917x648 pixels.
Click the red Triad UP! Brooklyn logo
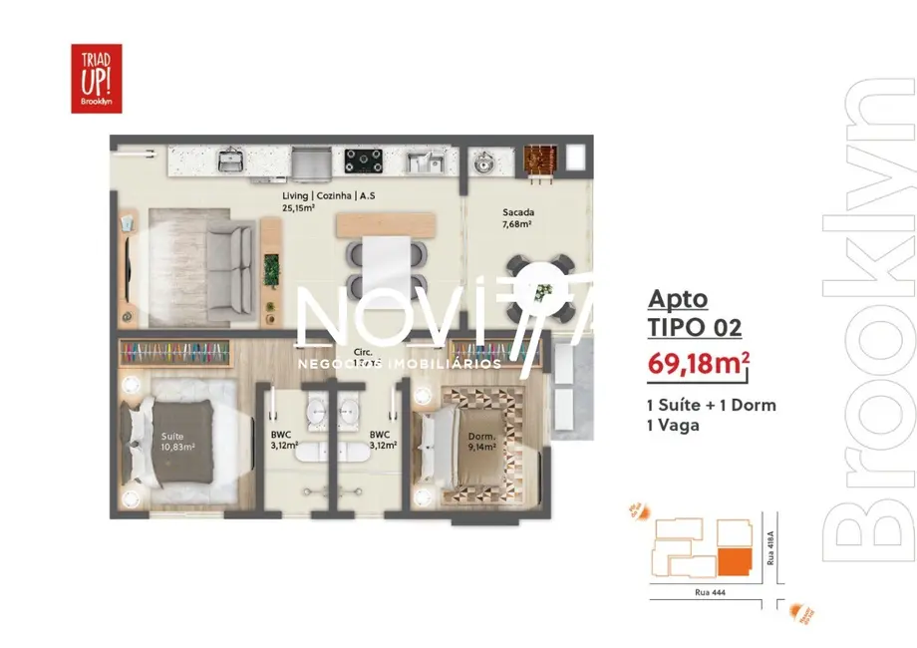pyautogui.click(x=96, y=78)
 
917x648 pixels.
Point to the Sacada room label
pyautogui.click(x=517, y=212)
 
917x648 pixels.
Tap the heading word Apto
pyautogui.click(x=678, y=297)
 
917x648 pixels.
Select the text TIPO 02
pyautogui.click(x=695, y=326)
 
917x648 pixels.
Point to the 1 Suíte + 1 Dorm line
pyautogui.click(x=712, y=405)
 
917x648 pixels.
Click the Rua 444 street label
pyautogui.click(x=710, y=593)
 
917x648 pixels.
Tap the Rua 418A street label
pyautogui.click(x=768, y=547)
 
